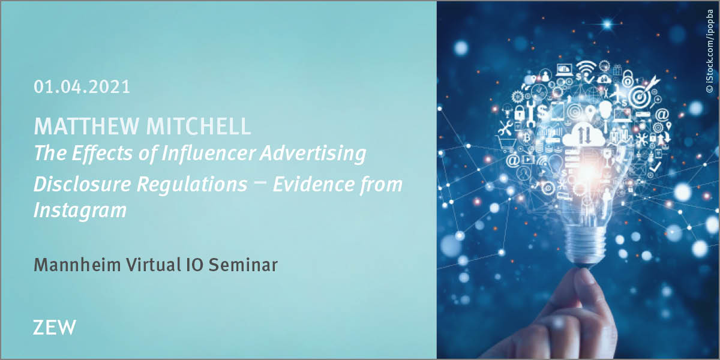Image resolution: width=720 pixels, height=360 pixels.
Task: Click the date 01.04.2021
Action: [82, 87]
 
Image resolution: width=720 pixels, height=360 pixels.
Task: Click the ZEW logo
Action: [55, 328]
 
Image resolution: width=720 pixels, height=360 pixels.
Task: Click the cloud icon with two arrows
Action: [581, 134]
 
